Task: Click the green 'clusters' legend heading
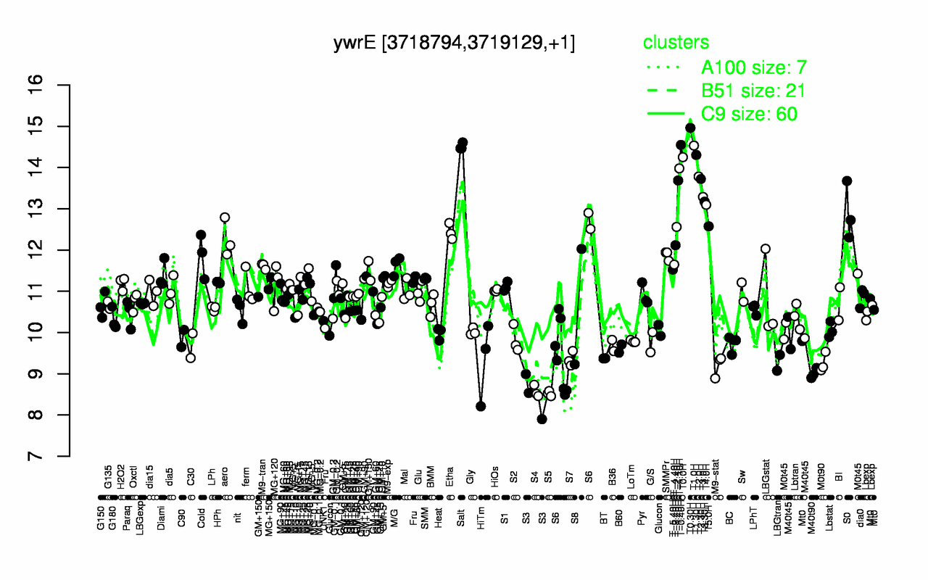[x=676, y=43]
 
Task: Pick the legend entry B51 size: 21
[x=753, y=91]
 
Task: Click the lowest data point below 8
[x=542, y=419]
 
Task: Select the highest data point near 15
[x=690, y=128]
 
